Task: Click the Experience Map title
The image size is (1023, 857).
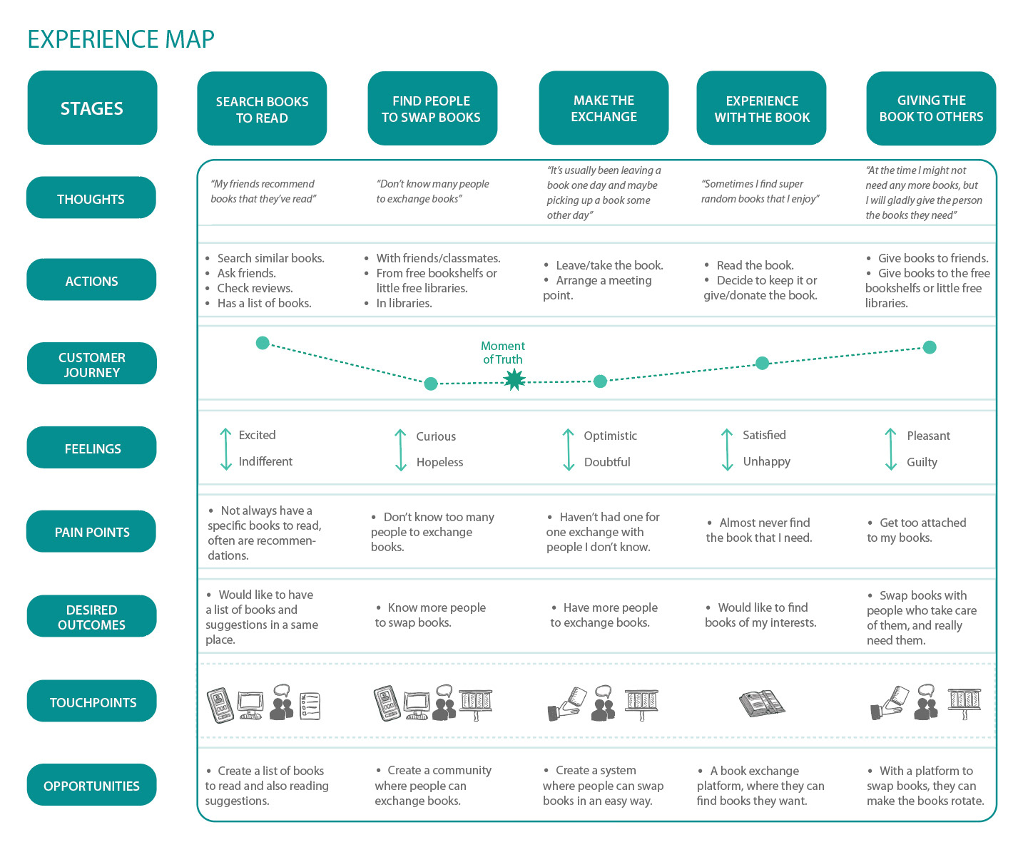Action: tap(121, 39)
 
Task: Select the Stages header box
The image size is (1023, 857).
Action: tap(92, 108)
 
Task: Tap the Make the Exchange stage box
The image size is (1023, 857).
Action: tap(604, 108)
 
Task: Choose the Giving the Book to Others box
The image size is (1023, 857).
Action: tap(931, 108)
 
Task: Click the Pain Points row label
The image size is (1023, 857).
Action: tap(91, 532)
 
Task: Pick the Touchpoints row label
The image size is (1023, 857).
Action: tap(91, 702)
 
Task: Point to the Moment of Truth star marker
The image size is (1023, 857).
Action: tap(514, 380)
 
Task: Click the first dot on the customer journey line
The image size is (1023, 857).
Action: tap(263, 343)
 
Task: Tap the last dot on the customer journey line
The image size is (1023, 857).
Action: tap(930, 347)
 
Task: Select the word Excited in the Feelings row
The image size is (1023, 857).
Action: tap(258, 435)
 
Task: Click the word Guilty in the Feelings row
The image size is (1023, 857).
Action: tap(922, 462)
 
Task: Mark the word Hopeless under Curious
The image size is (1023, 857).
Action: tap(439, 462)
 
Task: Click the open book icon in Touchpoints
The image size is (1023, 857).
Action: tap(762, 704)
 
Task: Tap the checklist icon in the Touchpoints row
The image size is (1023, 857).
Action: tap(310, 706)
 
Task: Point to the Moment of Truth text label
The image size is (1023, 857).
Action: tap(503, 353)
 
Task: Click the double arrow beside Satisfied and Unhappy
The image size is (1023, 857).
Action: tap(727, 450)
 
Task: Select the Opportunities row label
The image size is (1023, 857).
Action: tap(91, 786)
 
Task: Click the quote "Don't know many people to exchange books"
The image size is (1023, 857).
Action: tap(432, 191)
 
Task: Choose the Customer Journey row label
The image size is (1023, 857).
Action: tap(91, 364)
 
